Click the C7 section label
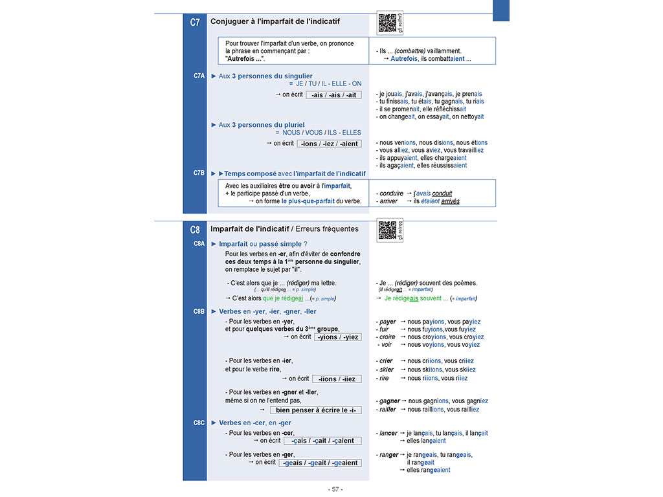pyautogui.click(x=195, y=22)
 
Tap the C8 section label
pyautogui.click(x=195, y=229)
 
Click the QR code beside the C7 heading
pyautogui.click(x=387, y=22)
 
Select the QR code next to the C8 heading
pyautogui.click(x=387, y=230)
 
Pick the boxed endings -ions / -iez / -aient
pyautogui.click(x=330, y=144)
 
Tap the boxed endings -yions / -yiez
pyautogui.click(x=337, y=337)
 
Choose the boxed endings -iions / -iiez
pyautogui.click(x=336, y=379)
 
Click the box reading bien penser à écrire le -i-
pyautogui.click(x=315, y=410)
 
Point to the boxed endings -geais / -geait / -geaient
pyautogui.click(x=320, y=463)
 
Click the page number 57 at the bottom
pyautogui.click(x=335, y=489)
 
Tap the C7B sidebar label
pyautogui.click(x=199, y=173)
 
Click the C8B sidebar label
pyautogui.click(x=199, y=311)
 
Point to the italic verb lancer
pyautogui.click(x=388, y=433)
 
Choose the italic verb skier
pyautogui.click(x=387, y=370)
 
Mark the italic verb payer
pyautogui.click(x=388, y=322)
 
